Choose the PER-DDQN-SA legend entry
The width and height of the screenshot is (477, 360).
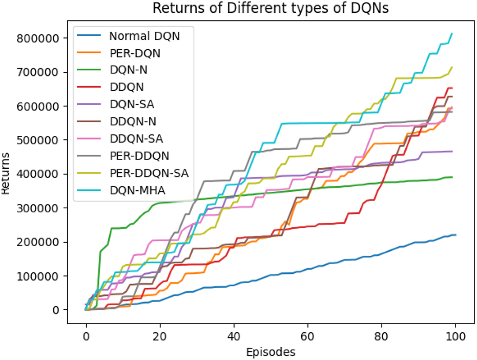tap(149, 173)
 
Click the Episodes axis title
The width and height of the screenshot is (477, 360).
tap(271, 352)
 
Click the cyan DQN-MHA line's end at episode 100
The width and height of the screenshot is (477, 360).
tap(452, 33)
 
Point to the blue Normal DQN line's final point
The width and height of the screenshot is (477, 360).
tap(455, 235)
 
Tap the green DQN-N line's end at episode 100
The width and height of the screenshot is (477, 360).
tap(452, 177)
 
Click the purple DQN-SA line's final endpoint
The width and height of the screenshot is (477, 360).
tap(452, 151)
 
